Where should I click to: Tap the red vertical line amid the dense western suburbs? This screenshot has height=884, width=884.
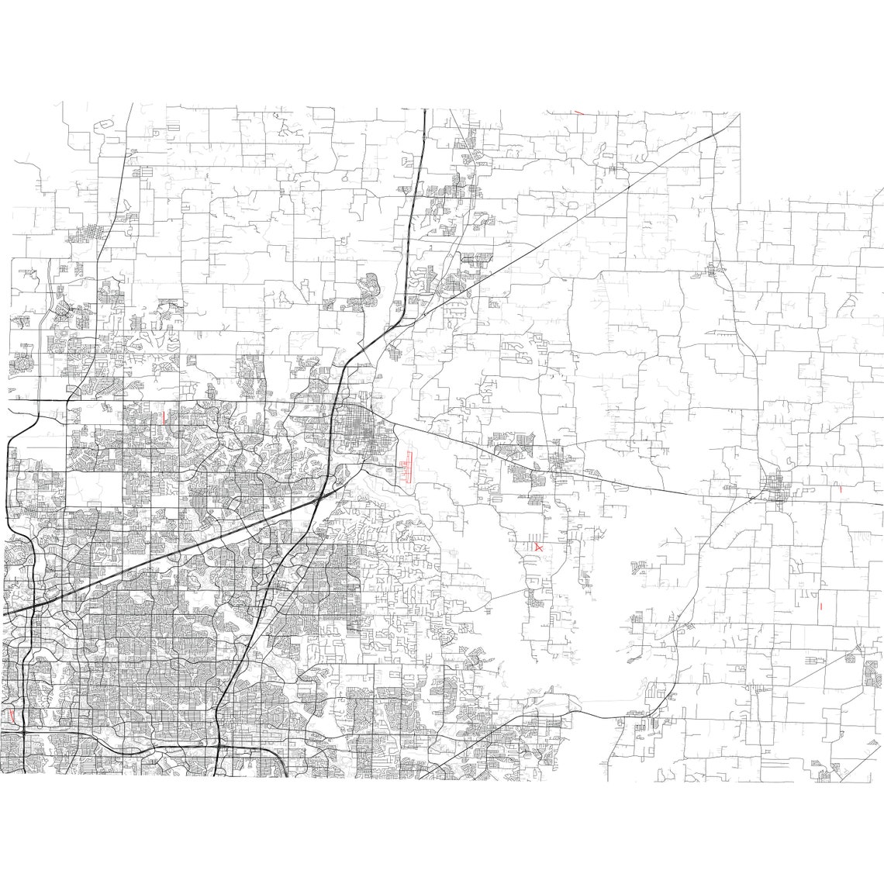tap(165, 417)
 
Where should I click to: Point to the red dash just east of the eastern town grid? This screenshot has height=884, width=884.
tap(840, 488)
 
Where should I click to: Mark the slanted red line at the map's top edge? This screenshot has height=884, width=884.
tap(578, 112)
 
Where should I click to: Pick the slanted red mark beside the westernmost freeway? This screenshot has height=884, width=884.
tap(12, 716)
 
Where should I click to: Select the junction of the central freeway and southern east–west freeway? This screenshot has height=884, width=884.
tap(219, 749)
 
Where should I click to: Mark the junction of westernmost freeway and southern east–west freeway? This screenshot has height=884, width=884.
tap(25, 731)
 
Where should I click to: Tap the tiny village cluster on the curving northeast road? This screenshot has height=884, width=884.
tap(713, 271)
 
